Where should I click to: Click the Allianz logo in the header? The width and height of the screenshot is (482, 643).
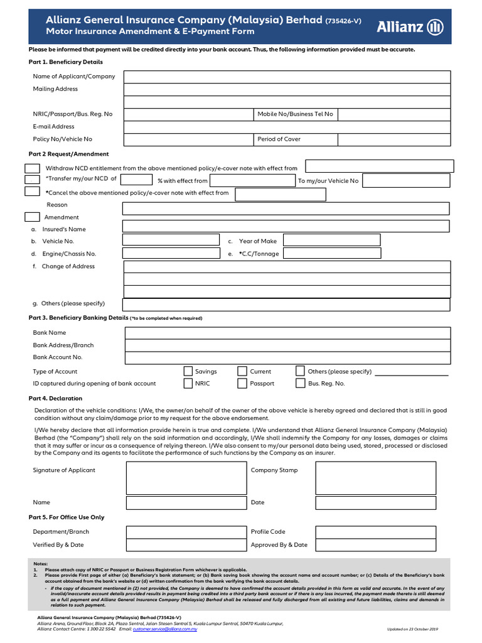point(410,26)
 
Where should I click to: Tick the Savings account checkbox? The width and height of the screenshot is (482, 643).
point(188,371)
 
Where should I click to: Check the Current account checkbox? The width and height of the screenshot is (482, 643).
point(242,371)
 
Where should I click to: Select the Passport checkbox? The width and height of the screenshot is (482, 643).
point(242,383)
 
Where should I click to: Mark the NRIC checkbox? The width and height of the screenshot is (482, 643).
point(188,383)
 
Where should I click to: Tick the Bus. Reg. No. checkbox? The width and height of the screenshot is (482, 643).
point(300,383)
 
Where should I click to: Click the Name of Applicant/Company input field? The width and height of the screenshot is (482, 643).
point(287,77)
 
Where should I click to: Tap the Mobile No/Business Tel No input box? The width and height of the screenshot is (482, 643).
point(394,114)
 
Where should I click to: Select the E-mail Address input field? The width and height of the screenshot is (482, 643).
point(287,127)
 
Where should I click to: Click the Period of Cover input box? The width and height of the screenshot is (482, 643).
point(394,139)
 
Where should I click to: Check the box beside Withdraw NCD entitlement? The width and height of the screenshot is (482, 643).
point(32,168)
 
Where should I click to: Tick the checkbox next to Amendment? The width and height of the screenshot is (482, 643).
point(32,217)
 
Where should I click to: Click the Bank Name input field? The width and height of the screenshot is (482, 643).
point(287,333)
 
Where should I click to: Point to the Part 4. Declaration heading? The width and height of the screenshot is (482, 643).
point(55,399)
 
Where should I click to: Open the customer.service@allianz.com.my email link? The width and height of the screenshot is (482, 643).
point(165,629)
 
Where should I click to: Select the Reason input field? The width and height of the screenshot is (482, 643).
point(286,208)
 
